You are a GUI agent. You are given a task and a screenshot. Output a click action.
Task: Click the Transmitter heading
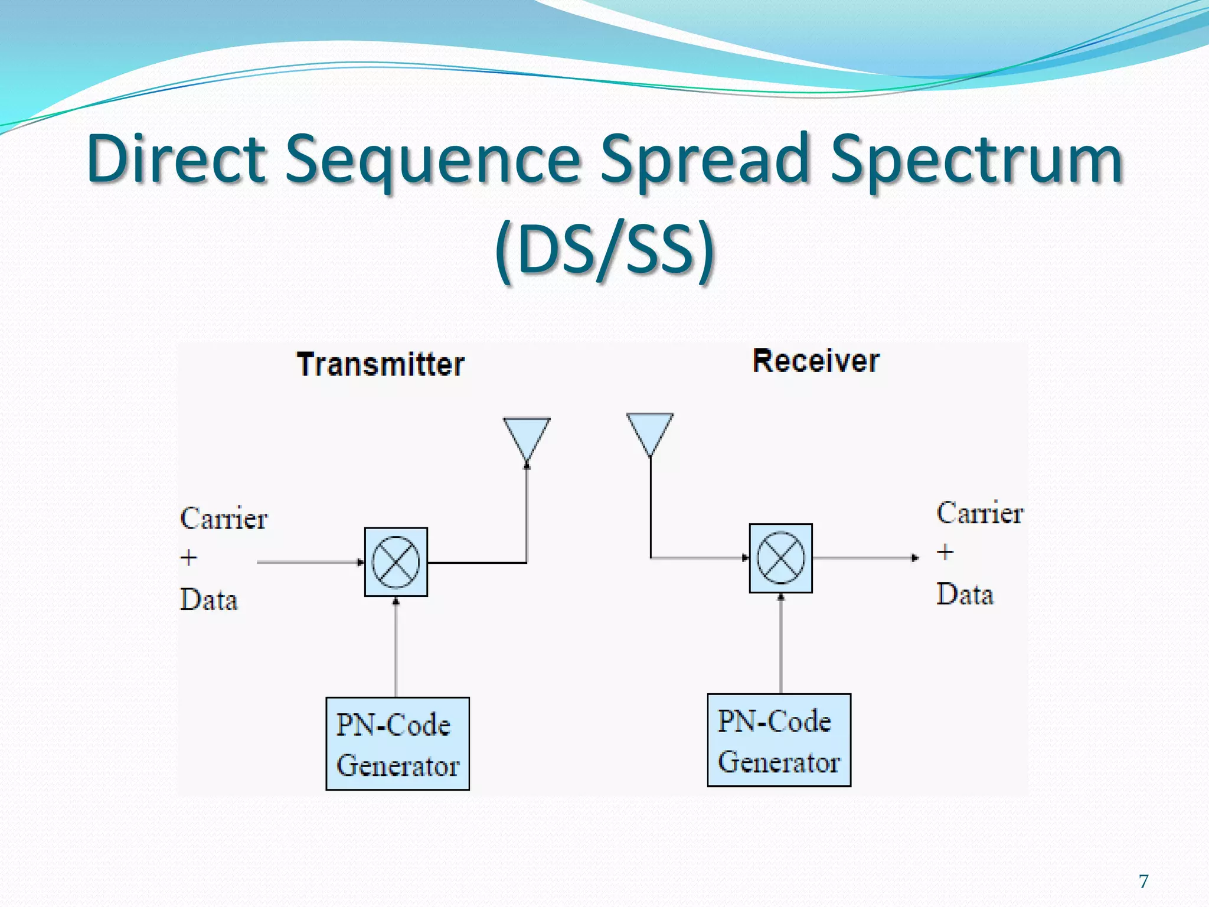[380, 364]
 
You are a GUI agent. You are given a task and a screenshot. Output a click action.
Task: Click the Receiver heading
[816, 361]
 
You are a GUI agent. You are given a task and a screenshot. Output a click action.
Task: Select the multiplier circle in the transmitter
[396, 562]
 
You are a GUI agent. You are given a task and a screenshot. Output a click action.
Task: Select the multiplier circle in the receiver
[780, 558]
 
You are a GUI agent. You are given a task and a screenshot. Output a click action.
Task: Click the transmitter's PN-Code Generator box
[397, 743]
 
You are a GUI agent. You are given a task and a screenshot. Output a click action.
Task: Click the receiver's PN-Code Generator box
[779, 740]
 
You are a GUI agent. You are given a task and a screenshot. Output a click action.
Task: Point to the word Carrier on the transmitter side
[224, 518]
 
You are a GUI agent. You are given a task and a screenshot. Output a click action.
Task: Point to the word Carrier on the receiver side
[979, 513]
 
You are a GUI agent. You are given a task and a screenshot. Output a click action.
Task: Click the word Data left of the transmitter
[208, 600]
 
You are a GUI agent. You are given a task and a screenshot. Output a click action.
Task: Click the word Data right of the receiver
[965, 594]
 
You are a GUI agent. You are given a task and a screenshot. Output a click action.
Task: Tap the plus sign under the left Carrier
[188, 557]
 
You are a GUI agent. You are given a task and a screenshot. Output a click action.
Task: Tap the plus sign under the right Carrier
[945, 552]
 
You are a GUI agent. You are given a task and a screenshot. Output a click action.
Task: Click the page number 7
[1143, 881]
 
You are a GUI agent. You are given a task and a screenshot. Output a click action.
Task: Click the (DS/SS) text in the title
[604, 249]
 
